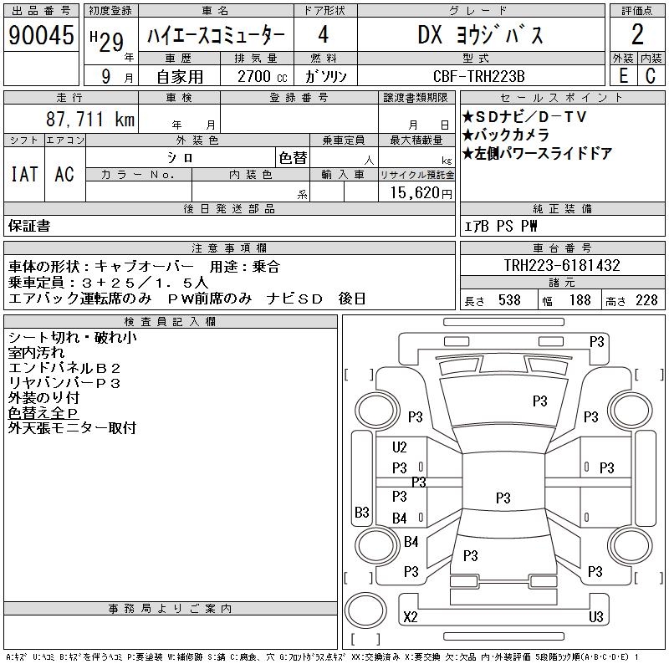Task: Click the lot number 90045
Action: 41,35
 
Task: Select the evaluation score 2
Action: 637,35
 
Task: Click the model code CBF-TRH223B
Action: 479,76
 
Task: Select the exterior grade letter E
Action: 622,76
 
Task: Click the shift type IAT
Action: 23,174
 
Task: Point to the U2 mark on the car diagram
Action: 400,447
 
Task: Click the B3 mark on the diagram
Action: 361,512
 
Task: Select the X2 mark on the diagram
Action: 410,617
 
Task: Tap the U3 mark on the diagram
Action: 595,617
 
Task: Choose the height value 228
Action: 646,300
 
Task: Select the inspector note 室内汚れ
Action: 37,353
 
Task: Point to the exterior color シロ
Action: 181,156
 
